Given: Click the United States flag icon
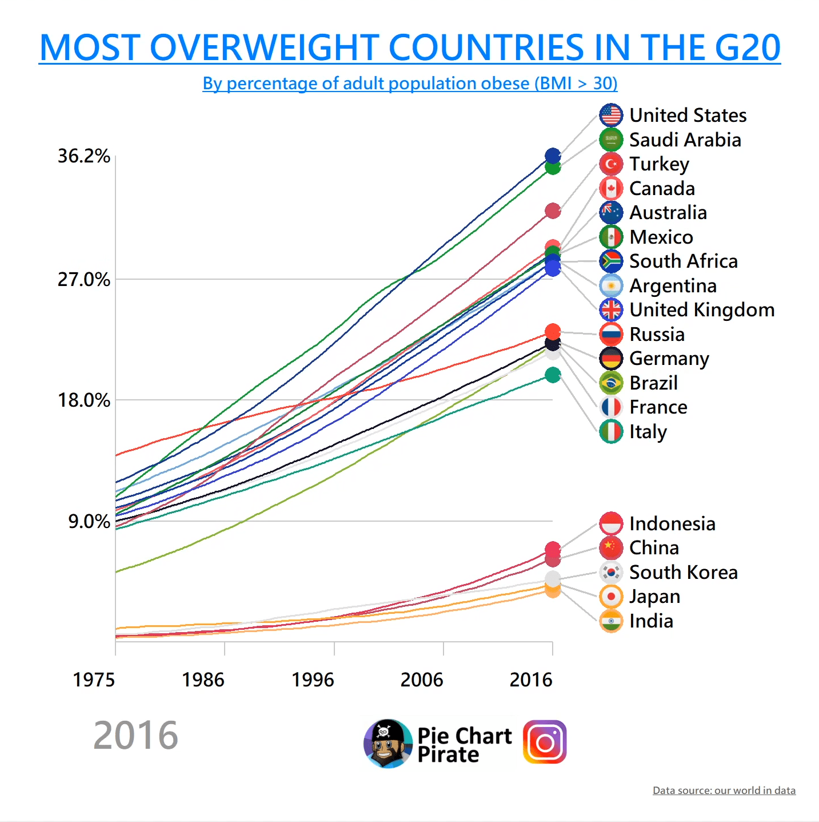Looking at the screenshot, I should (x=611, y=115).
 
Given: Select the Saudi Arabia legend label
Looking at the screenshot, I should (x=685, y=140).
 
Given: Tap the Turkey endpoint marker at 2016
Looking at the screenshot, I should (x=553, y=211).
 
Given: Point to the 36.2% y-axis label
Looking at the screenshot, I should (x=83, y=156).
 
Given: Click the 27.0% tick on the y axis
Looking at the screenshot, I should (x=83, y=280).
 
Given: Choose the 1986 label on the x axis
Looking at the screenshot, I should (x=203, y=680).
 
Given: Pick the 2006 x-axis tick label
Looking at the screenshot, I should (x=422, y=680).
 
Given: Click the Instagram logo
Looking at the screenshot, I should (x=545, y=742).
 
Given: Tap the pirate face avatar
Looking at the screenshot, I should (x=388, y=744).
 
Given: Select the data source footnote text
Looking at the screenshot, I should (x=724, y=791).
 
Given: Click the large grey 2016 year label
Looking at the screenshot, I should (x=135, y=736).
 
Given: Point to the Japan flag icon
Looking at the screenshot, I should (x=611, y=597).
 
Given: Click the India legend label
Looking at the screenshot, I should (x=651, y=621).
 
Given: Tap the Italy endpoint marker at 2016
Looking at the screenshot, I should (x=553, y=375).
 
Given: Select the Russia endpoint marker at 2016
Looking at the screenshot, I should (x=553, y=332).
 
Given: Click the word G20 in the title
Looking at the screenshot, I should (x=748, y=47).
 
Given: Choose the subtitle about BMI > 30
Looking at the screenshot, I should (x=410, y=84).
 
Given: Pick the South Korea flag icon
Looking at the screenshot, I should (x=611, y=572).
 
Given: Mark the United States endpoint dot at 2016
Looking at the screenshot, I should (x=553, y=156).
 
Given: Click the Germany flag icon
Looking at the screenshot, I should (x=611, y=359).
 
